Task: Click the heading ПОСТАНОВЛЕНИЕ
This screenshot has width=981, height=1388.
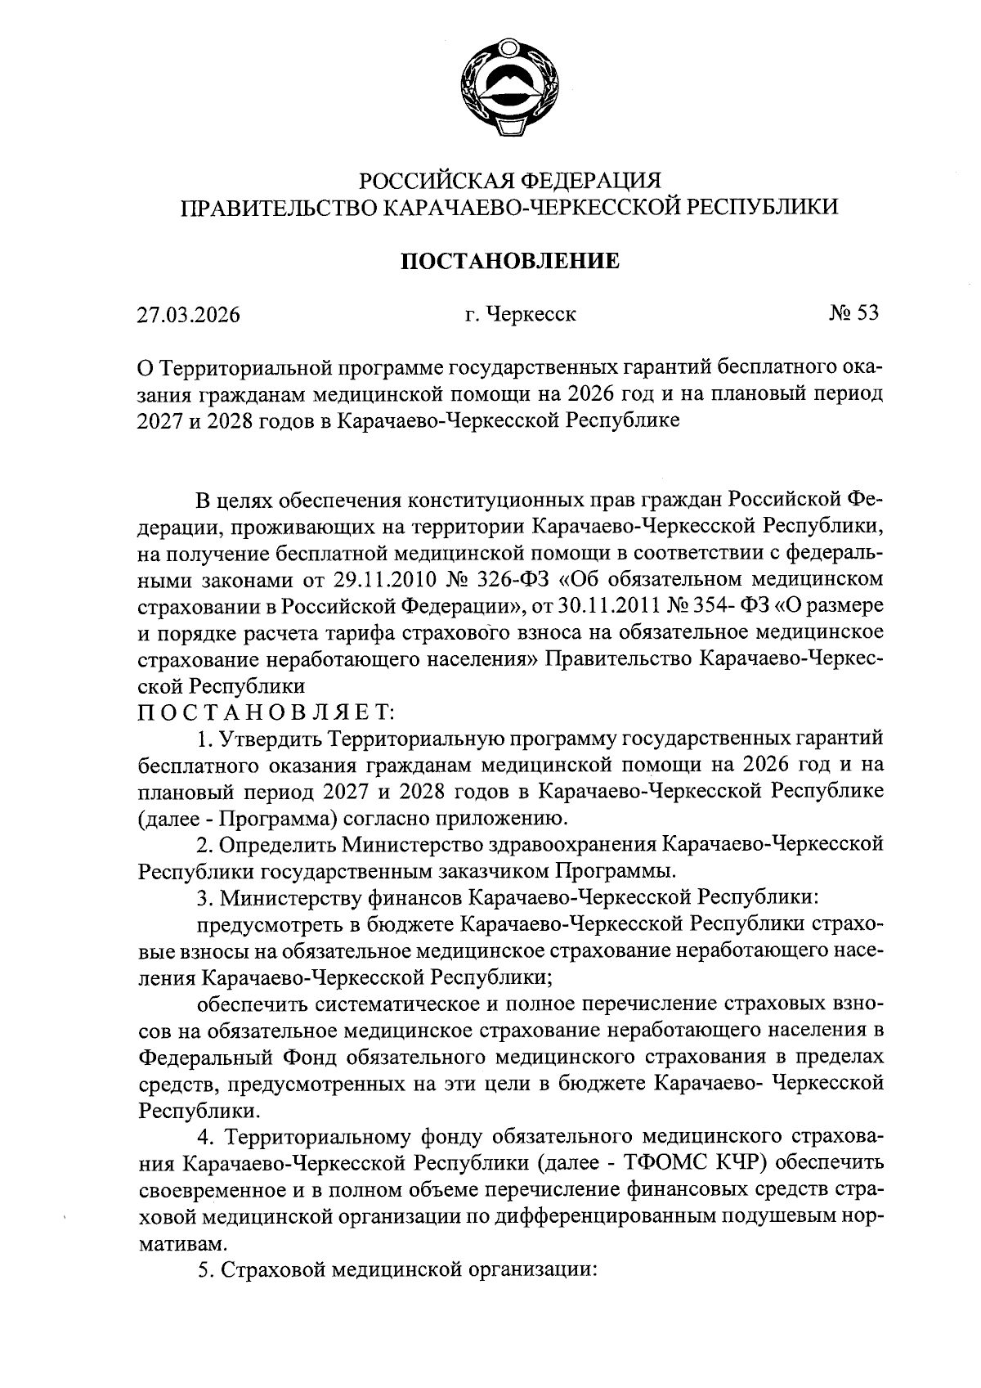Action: [508, 262]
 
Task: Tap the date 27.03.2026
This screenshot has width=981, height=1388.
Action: [189, 315]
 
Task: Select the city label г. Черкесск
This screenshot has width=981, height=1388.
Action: [520, 315]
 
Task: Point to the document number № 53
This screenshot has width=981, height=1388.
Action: [853, 313]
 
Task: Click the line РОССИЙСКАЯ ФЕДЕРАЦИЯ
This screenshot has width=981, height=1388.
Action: [510, 180]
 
